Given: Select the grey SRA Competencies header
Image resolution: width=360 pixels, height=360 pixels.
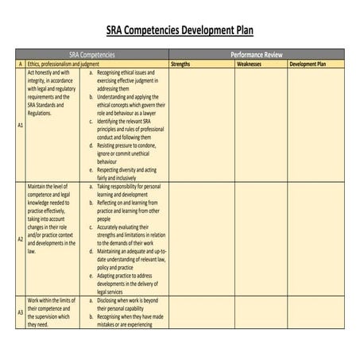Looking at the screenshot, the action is pyautogui.click(x=93, y=54).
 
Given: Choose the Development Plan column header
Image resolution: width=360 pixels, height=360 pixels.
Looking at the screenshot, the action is pyautogui.click(x=307, y=63).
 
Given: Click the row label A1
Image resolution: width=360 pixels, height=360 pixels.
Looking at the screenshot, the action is pyautogui.click(x=20, y=125).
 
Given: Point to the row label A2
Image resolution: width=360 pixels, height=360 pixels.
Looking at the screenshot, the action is pyautogui.click(x=20, y=238).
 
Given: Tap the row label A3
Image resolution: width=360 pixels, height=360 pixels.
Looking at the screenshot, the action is pyautogui.click(x=20, y=312).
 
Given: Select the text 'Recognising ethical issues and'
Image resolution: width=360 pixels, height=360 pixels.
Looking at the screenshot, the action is pyautogui.click(x=131, y=72).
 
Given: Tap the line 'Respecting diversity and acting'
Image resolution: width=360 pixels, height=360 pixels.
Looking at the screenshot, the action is pyautogui.click(x=132, y=169).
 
